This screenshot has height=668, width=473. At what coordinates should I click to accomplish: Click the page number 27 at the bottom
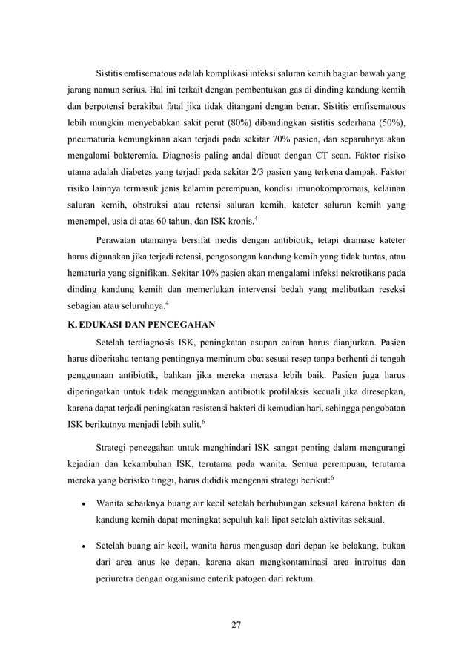click(x=236, y=624)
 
